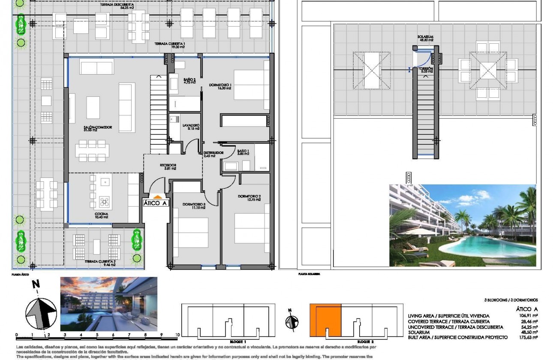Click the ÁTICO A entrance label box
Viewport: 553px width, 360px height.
tap(155, 204)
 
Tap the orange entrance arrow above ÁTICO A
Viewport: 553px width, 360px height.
tap(155, 196)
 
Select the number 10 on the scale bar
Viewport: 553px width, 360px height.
tap(177, 335)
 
